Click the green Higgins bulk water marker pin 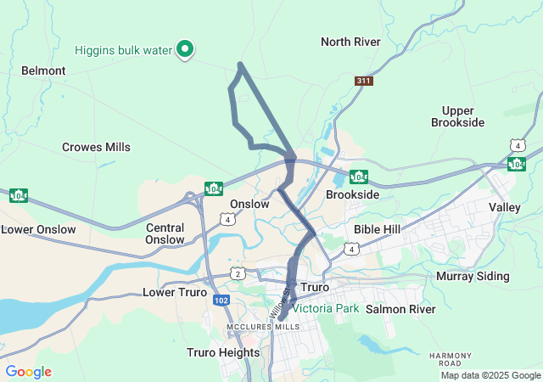click(184, 49)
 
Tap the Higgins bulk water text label click(123, 50)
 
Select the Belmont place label click(43, 70)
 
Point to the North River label click(350, 42)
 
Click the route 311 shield click(364, 81)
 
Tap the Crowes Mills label click(96, 147)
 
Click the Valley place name click(505, 207)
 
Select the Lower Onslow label click(38, 229)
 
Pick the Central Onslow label click(165, 233)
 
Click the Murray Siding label click(473, 276)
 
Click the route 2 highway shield click(238, 273)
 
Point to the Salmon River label click(400, 309)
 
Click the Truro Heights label click(223, 352)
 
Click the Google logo click(28, 372)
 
